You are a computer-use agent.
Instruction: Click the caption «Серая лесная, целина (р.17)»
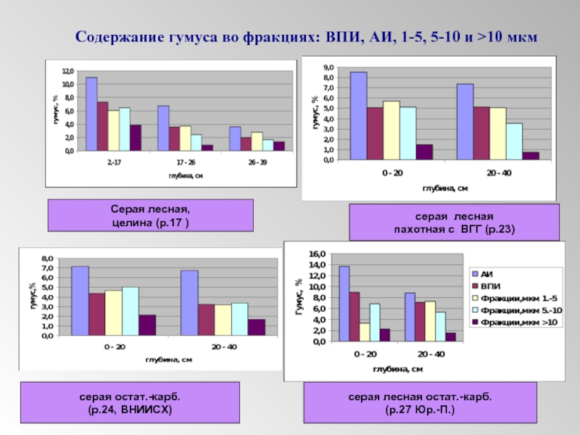coord(151,215)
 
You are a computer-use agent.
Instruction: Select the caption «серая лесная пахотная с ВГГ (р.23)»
coord(454,223)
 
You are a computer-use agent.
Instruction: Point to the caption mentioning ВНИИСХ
coord(130,404)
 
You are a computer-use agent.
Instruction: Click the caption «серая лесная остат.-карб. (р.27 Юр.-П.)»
coord(420,404)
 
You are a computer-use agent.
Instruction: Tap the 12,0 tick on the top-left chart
coord(67,71)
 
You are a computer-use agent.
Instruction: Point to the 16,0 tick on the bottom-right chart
coord(319,254)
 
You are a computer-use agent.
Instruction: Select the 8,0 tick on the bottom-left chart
coord(47,258)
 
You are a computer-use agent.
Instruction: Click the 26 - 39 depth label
coord(257,162)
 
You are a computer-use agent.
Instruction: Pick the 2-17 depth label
coord(115,162)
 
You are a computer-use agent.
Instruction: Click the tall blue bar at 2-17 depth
coord(91,114)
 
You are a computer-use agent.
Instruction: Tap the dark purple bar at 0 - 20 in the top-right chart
coord(424,152)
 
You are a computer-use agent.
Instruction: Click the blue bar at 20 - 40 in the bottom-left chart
coord(189,303)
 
